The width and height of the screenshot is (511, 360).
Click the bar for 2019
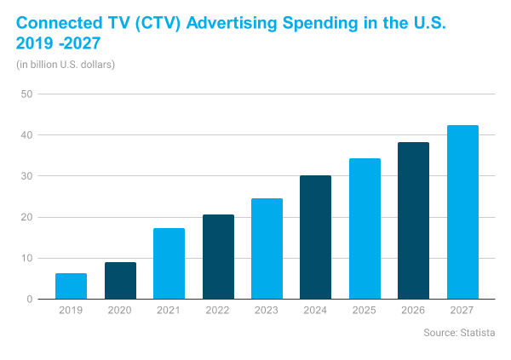71,286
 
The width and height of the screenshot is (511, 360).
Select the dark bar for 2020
120,281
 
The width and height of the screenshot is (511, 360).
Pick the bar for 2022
218,257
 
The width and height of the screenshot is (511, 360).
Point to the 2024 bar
316,237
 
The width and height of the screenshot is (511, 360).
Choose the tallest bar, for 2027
462,213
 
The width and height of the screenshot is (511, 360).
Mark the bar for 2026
414,220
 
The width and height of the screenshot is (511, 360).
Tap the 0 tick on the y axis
29,300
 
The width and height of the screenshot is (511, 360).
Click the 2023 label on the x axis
267,311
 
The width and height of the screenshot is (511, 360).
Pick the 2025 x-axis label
365,311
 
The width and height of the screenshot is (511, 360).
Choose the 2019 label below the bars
71,311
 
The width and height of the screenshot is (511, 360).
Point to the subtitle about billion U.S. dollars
65,64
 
